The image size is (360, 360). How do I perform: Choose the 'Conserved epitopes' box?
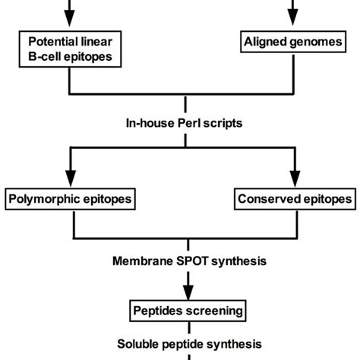tap(293, 200)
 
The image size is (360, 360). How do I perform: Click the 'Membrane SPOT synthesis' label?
tap(182, 263)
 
